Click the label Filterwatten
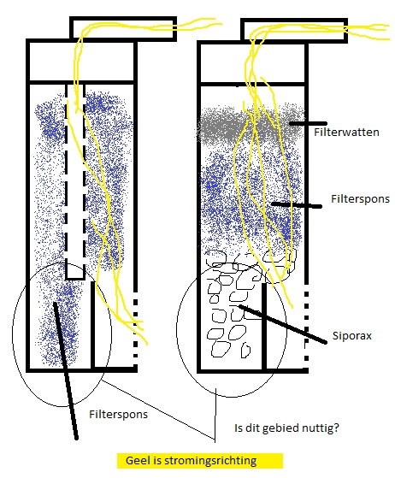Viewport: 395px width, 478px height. tap(346, 133)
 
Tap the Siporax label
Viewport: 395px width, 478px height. tap(351, 336)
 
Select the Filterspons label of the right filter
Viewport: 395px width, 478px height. tap(360, 199)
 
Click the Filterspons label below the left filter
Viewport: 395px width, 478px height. tap(118, 414)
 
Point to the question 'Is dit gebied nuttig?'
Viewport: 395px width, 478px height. tap(286, 428)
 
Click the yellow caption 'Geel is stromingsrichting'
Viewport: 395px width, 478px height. tap(200, 461)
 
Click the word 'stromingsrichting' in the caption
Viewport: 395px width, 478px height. tap(210, 461)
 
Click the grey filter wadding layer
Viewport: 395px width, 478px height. tap(250, 124)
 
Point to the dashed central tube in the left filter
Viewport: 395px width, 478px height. tap(75, 181)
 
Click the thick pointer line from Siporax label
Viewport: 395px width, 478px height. tap(282, 324)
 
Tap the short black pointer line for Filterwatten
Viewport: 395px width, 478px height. tap(308, 123)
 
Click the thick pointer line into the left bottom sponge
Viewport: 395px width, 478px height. tap(66, 371)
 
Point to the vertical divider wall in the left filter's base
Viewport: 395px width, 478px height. tap(93, 325)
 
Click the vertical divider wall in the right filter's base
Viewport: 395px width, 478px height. tap(264, 326)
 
